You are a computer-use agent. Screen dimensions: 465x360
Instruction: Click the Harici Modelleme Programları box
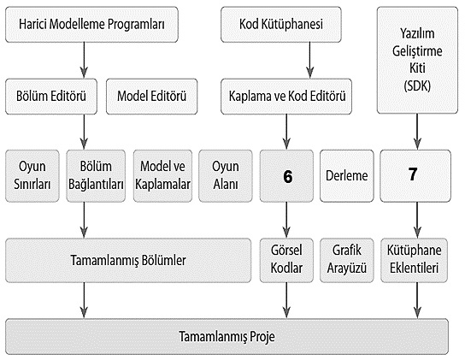[91, 25]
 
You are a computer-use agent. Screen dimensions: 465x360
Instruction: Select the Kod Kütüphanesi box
[281, 25]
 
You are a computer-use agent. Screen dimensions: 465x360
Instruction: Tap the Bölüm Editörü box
[51, 97]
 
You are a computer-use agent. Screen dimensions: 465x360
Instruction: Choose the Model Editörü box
[151, 97]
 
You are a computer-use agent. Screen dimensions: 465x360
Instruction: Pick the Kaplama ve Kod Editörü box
[286, 97]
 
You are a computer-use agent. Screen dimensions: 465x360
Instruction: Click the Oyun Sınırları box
[32, 176]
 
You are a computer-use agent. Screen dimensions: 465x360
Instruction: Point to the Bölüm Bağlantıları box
[96, 176]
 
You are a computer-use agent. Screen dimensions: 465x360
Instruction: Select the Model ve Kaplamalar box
[162, 176]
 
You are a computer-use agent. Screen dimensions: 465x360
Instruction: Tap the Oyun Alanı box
[226, 176]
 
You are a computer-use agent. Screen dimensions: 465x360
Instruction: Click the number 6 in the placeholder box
[288, 177]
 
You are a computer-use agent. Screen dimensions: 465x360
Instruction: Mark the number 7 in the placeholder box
[413, 174]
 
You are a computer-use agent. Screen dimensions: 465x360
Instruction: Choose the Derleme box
[347, 176]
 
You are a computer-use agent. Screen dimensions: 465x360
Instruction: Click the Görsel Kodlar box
[286, 260]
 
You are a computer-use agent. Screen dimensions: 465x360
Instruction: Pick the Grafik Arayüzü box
[347, 260]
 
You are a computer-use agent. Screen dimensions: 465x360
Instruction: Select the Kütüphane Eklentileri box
[414, 260]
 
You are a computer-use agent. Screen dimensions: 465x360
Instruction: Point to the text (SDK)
[417, 86]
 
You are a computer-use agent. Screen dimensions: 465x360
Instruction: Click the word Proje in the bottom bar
[262, 337]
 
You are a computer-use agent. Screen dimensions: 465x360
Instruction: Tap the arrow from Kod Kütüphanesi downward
[310, 60]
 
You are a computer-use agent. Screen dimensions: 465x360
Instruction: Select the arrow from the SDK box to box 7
[417, 132]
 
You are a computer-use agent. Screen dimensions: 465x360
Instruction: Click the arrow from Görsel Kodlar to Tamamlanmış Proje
[286, 300]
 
